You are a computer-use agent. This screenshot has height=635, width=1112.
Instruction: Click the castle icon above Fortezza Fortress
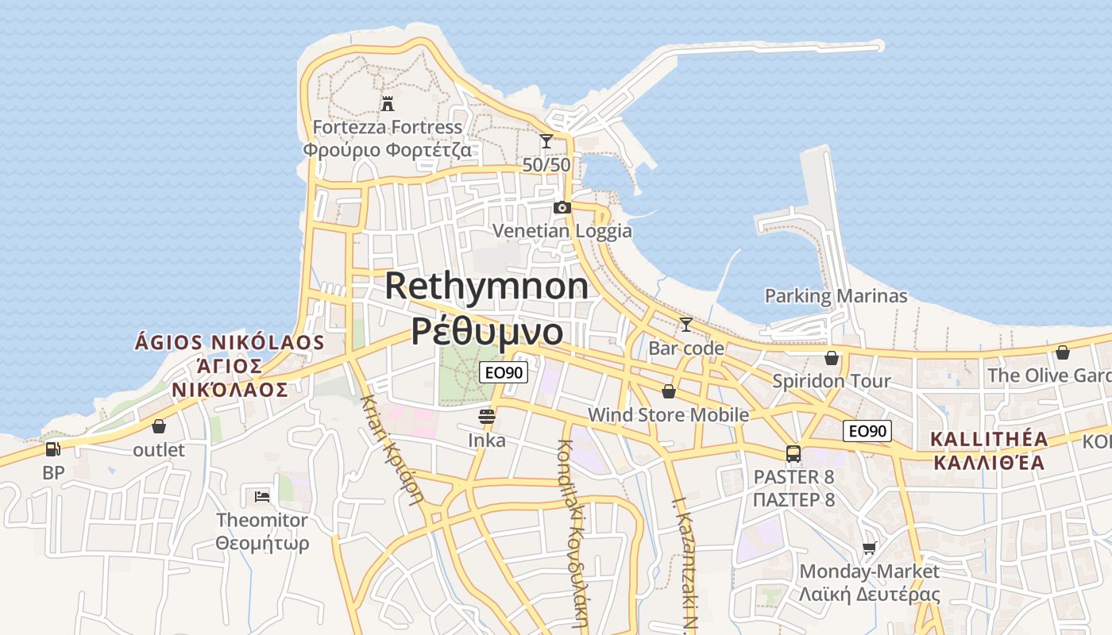(x=388, y=103)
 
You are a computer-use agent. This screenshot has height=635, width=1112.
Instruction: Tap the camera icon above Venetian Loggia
(x=562, y=207)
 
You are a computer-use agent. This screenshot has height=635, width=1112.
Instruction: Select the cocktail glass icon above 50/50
(x=546, y=141)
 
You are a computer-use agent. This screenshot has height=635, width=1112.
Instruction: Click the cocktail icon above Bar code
(x=686, y=324)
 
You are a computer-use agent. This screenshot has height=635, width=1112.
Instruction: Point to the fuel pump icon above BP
(x=52, y=448)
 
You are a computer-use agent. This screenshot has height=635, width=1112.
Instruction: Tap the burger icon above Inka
(x=487, y=416)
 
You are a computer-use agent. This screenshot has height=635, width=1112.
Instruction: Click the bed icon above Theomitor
(x=262, y=497)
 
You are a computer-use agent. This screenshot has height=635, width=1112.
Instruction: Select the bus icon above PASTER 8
(x=793, y=453)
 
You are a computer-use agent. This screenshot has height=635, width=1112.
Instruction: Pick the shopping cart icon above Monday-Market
(x=870, y=548)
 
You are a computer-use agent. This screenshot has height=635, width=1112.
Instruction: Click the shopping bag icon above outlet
(x=159, y=426)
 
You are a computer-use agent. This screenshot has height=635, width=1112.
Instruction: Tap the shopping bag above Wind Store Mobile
(x=669, y=391)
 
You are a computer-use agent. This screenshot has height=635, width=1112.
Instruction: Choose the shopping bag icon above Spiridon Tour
(x=832, y=358)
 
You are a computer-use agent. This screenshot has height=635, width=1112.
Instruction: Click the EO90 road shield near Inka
(x=504, y=371)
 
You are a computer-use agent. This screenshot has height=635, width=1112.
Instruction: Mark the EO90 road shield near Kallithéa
(x=867, y=431)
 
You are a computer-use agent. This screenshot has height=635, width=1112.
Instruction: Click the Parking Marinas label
(x=836, y=296)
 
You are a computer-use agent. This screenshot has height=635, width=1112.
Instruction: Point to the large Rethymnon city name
(x=487, y=287)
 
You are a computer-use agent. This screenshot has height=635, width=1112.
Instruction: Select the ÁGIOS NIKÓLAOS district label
(x=230, y=343)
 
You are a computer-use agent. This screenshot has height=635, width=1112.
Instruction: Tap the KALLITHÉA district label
(x=989, y=439)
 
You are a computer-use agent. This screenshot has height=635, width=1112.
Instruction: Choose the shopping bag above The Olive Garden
(x=1063, y=352)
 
